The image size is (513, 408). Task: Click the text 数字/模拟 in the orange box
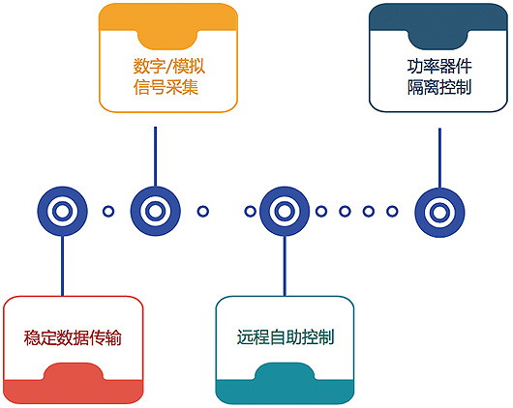(x=168, y=67)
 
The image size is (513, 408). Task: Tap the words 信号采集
(x=166, y=87)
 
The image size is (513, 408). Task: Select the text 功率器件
(x=439, y=67)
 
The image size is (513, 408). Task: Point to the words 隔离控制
(x=439, y=87)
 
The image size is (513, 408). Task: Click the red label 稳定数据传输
(x=73, y=337)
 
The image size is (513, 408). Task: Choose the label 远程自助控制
(x=286, y=337)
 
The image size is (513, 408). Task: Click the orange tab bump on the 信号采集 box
(x=167, y=40)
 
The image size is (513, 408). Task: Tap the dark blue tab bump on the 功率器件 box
(x=438, y=40)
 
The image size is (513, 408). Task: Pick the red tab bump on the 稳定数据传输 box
(x=74, y=371)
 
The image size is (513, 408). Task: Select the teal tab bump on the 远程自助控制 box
(x=285, y=371)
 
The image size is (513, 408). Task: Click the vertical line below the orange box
(x=156, y=157)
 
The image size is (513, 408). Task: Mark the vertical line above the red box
(x=62, y=266)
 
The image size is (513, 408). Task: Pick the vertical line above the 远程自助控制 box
(x=285, y=266)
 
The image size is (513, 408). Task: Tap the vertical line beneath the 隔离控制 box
(x=439, y=158)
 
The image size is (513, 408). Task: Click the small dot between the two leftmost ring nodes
(x=108, y=211)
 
